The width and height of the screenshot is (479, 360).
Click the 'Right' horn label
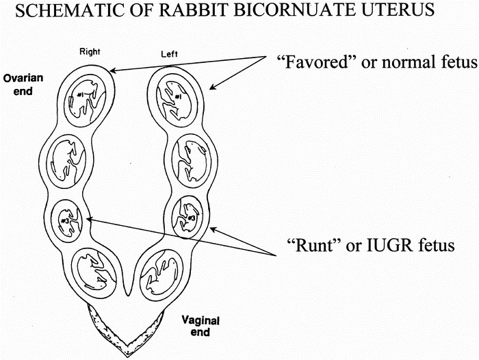coord(90,51)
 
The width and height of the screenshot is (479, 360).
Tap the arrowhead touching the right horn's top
coord(110,69)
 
